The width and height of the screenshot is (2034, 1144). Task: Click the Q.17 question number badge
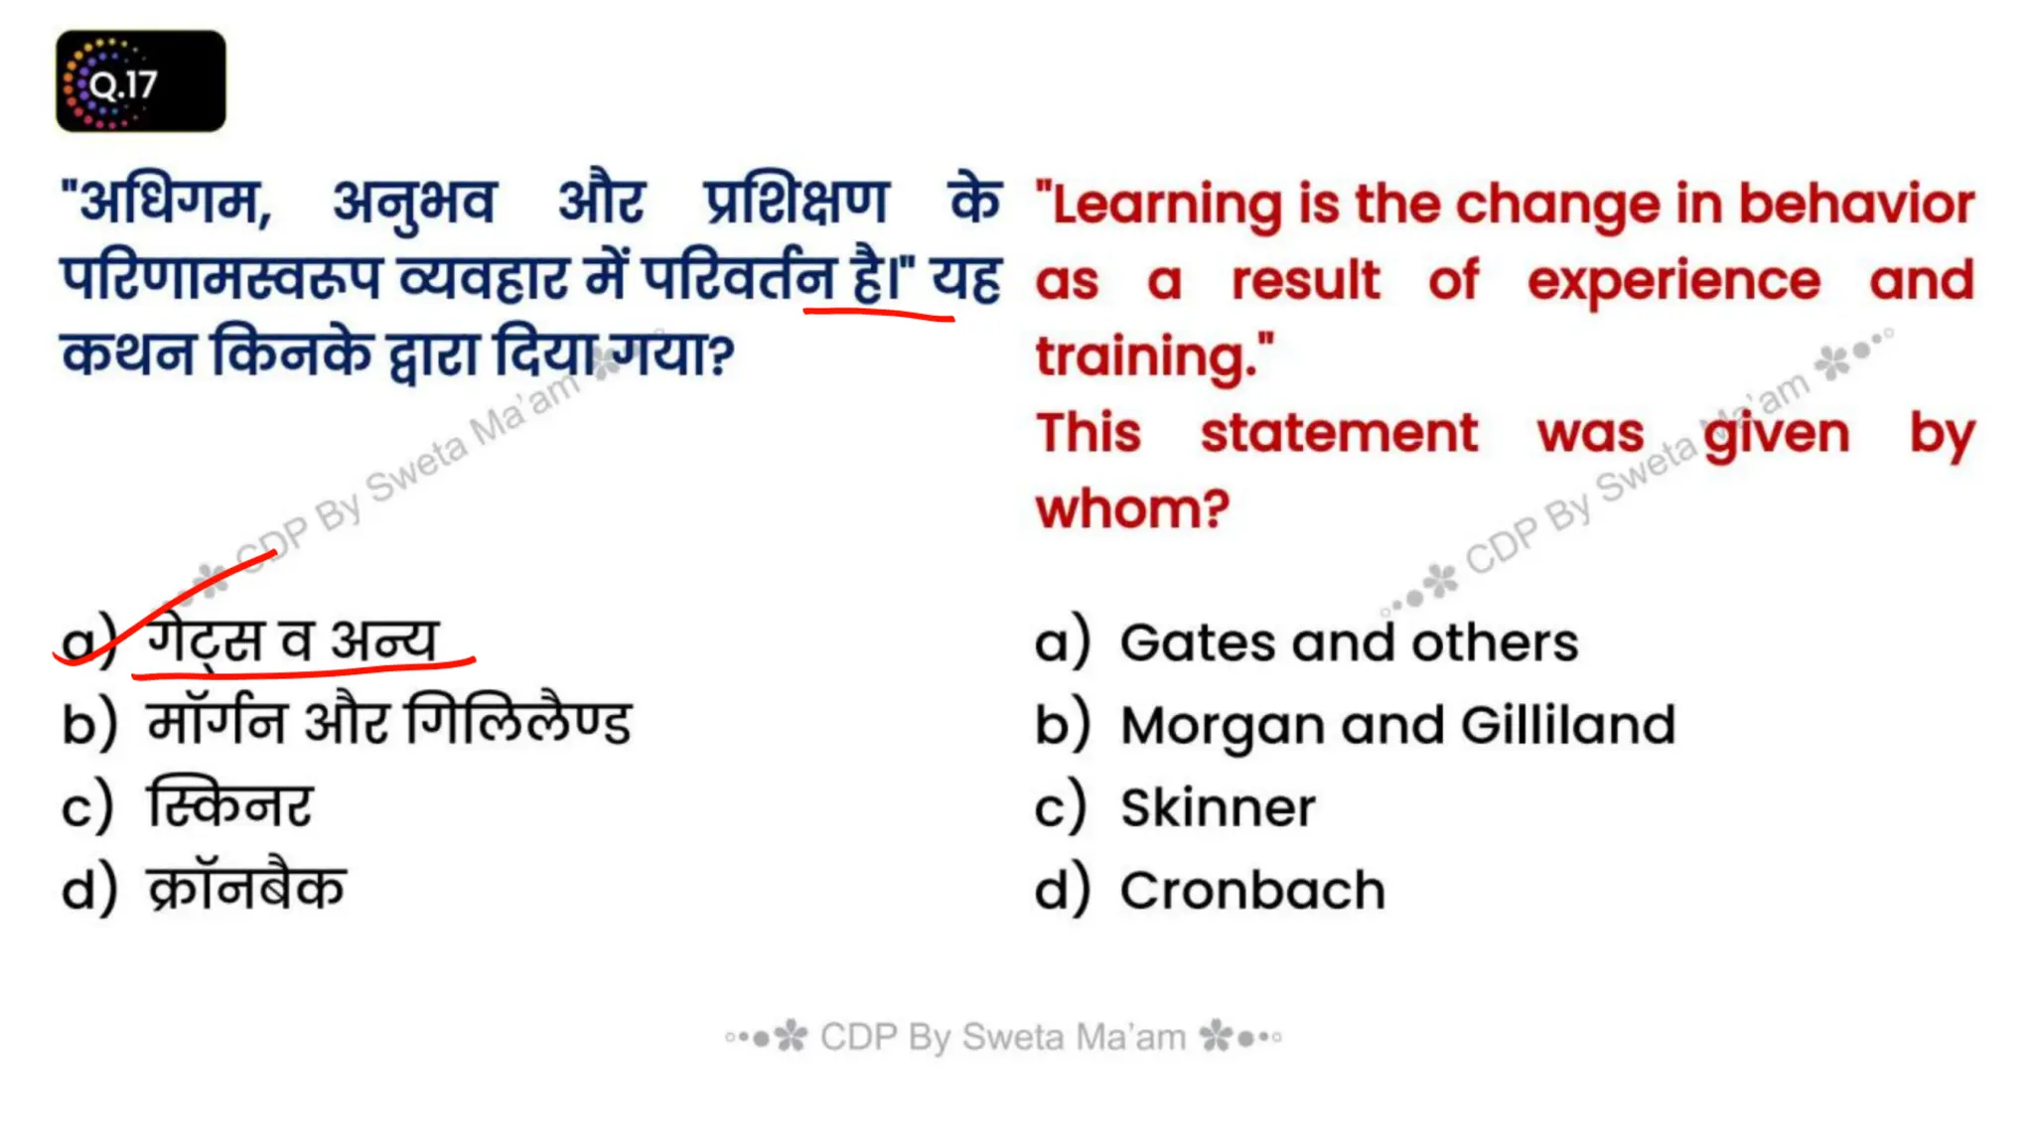[140, 81]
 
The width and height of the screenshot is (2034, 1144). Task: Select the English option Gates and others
[1348, 643]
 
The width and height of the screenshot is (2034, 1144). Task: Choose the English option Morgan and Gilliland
[1396, 725]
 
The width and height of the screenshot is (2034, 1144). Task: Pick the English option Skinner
[1217, 807]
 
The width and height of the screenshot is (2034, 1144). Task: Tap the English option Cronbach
[1251, 890]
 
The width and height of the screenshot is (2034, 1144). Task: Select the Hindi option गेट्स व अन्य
[291, 641]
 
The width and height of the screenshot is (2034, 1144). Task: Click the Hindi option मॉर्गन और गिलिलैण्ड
[388, 723]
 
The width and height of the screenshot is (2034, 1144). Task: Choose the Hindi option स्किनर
[229, 805]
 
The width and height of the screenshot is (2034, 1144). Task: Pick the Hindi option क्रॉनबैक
[246, 888]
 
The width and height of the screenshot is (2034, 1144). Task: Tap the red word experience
[1673, 281]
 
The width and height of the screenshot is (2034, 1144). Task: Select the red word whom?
[1132, 509]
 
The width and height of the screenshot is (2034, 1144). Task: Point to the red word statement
[1339, 433]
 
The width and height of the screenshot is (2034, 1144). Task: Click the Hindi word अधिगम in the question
[169, 203]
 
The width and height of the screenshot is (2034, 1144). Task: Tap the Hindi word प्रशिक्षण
[796, 203]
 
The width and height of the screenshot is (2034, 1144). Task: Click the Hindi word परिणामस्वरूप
[220, 279]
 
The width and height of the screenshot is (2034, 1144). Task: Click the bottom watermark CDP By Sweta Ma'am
[1003, 1037]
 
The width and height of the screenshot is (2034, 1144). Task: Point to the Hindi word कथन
[128, 355]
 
